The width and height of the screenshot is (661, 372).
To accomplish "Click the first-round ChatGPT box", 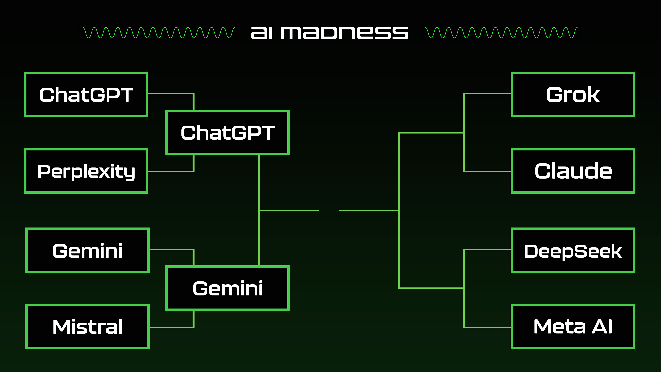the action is (x=86, y=94).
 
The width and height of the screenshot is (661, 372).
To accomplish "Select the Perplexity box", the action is (x=86, y=171).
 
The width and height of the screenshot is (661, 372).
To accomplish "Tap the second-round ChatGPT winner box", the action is (x=228, y=132).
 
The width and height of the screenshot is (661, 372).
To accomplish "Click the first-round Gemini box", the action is (x=88, y=250).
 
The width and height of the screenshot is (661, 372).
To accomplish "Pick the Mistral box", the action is (x=88, y=327).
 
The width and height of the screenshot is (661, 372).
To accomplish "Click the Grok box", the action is (x=573, y=94).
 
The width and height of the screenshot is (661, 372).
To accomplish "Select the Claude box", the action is (x=573, y=171).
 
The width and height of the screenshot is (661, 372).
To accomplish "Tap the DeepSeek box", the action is (x=573, y=250).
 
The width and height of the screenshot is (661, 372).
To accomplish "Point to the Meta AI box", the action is (x=573, y=327).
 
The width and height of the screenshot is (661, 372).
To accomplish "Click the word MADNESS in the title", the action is (x=344, y=33).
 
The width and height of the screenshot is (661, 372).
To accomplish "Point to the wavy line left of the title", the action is (x=159, y=33).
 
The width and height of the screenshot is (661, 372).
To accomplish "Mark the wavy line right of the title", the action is (x=501, y=33).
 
